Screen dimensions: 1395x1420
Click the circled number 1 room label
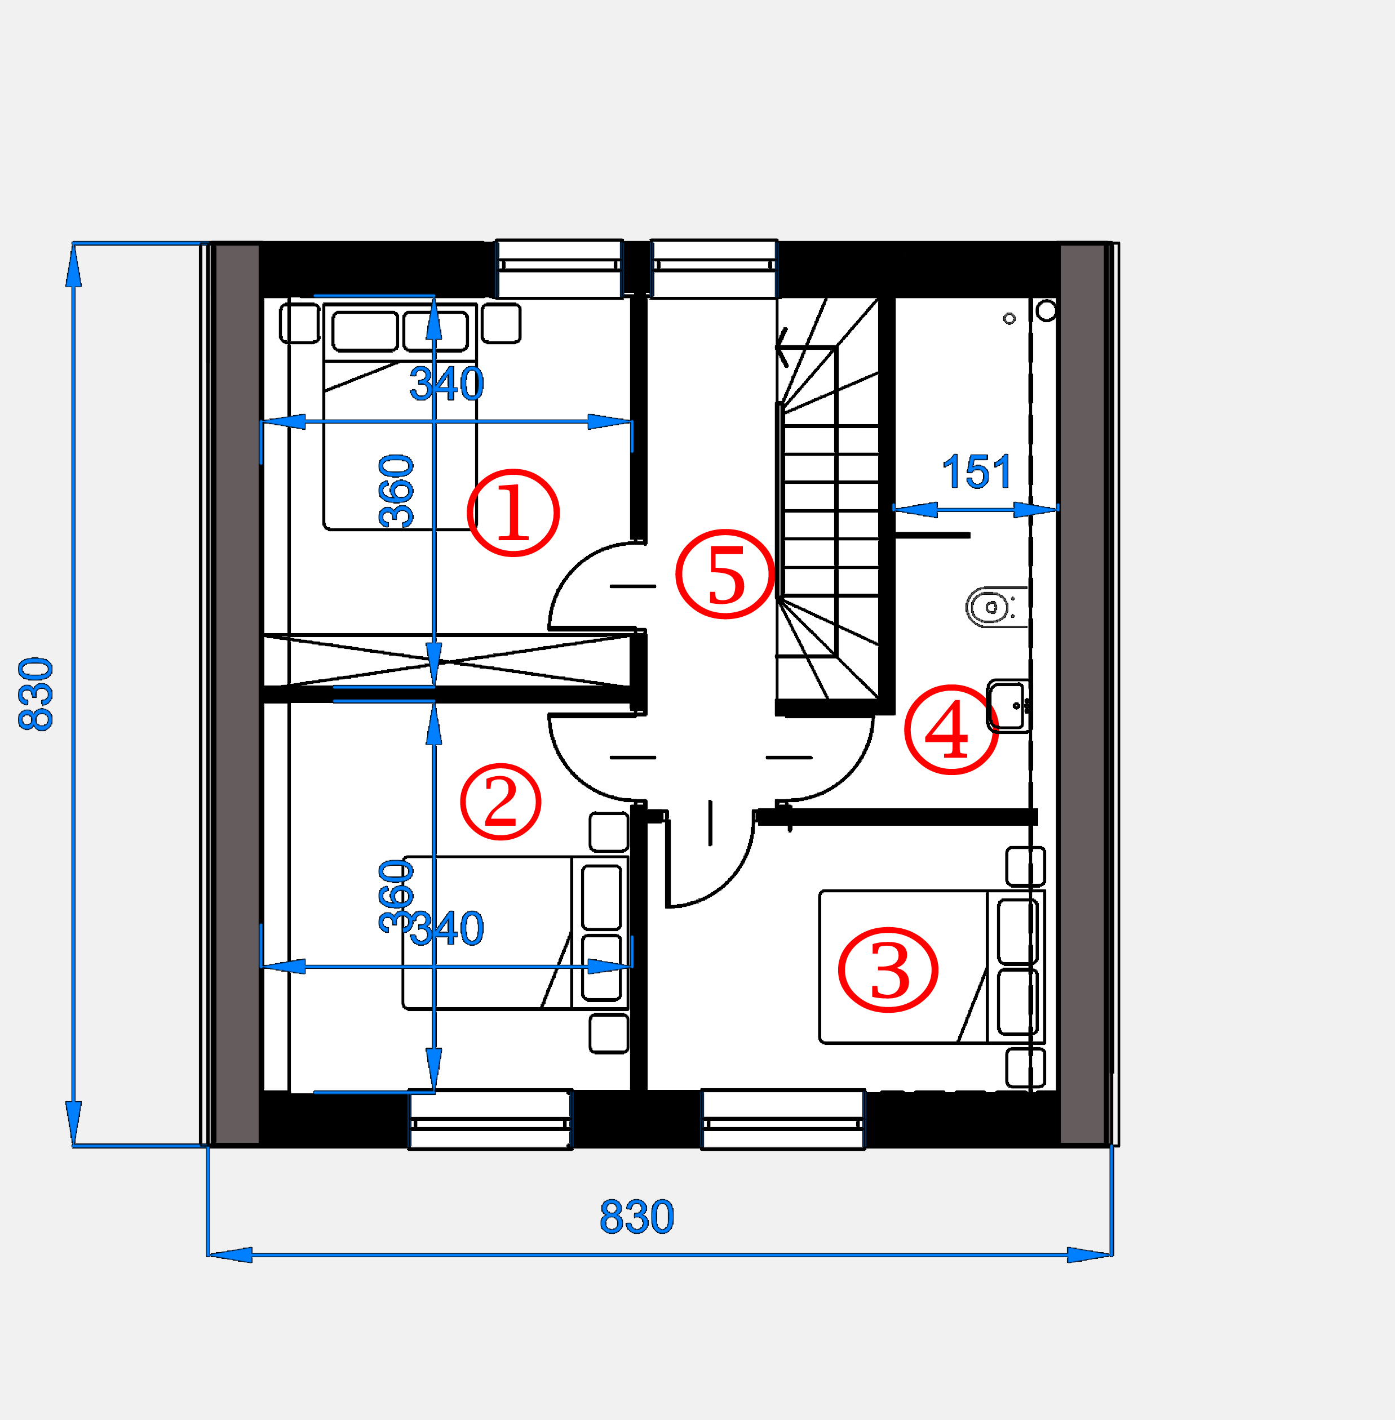(513, 513)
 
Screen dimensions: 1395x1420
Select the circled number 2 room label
(501, 801)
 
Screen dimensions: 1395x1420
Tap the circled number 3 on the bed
(888, 969)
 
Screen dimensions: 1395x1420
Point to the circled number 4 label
(951, 729)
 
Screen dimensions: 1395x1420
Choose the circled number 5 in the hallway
(725, 574)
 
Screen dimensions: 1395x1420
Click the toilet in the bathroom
(997, 607)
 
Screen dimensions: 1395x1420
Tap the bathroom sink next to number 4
(1008, 706)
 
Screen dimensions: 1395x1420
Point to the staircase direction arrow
(782, 347)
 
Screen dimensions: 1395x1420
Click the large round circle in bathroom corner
(1046, 311)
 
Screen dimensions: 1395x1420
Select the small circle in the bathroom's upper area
(1009, 319)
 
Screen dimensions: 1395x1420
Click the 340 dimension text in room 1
(446, 384)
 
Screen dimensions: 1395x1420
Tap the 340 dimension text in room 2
(446, 929)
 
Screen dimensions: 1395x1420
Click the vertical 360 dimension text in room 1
(396, 491)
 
